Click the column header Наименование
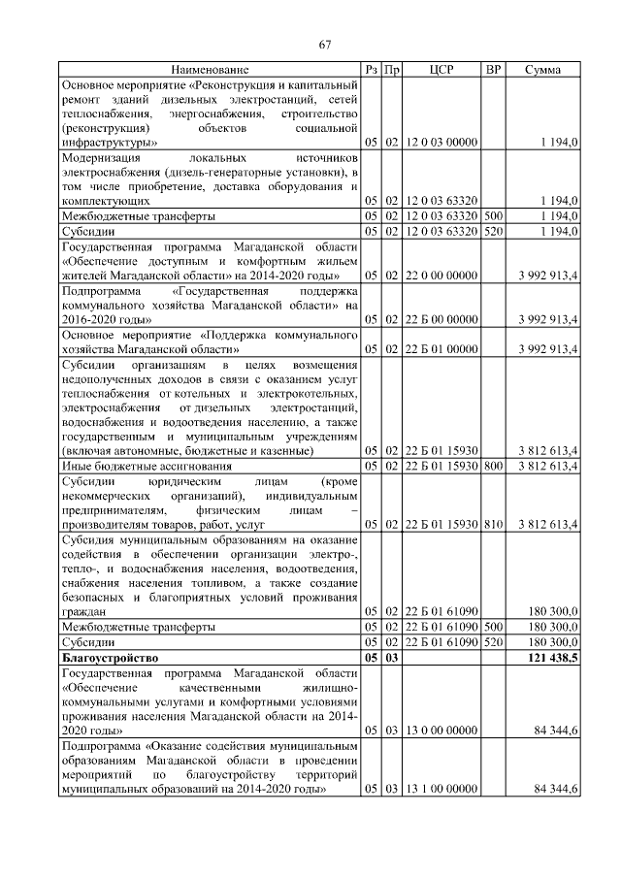[x=210, y=70]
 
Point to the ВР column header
[x=493, y=70]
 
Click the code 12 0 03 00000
[x=441, y=142]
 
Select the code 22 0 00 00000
[x=441, y=276]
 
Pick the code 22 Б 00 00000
[x=441, y=318]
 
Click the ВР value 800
[x=493, y=466]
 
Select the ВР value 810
[x=493, y=524]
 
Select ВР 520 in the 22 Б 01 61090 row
[x=493, y=642]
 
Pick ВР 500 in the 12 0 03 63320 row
[x=493, y=215]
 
